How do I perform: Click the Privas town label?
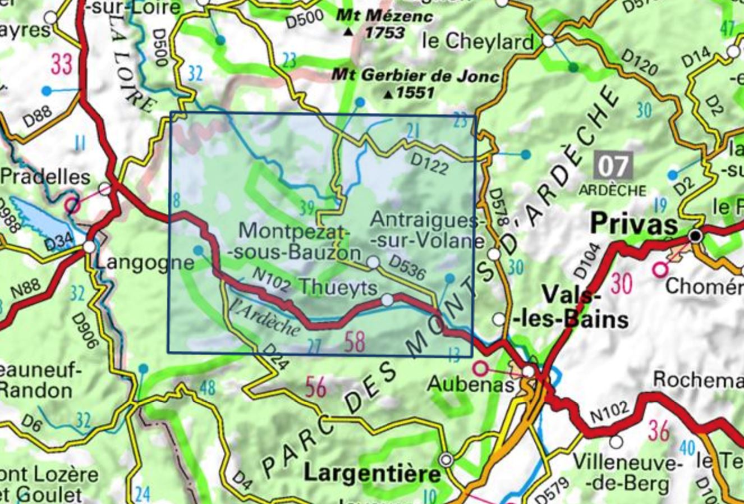point(634,226)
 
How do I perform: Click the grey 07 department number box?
point(613,166)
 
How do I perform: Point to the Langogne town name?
point(144,262)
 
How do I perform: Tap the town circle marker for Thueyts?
point(387,300)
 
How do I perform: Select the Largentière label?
point(372,474)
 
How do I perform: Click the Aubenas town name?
point(470,384)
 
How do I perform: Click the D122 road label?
point(429,164)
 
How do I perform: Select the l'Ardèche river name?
point(264,318)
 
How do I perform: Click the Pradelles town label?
point(45,176)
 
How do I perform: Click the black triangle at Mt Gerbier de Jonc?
point(388,95)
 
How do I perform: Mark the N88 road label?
point(25,296)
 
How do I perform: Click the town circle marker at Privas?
point(696,236)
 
